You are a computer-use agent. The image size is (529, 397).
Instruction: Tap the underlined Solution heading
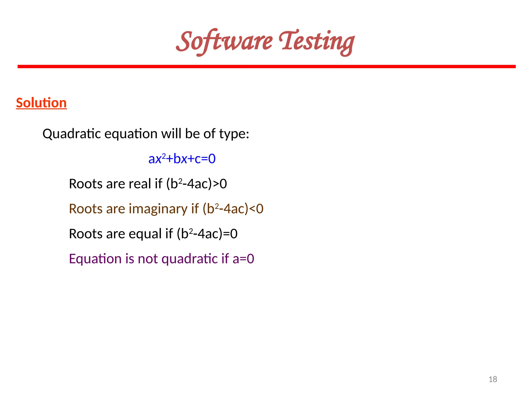click(41, 103)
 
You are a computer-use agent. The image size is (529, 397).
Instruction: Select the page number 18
click(493, 379)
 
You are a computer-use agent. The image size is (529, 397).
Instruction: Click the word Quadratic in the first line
click(72, 134)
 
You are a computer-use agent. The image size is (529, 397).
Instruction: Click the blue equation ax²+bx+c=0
click(182, 158)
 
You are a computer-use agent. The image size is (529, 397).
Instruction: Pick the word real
click(139, 184)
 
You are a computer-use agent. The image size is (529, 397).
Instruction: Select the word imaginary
click(158, 209)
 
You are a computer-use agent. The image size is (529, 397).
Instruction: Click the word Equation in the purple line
click(95, 259)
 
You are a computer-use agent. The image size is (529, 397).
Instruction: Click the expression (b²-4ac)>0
click(196, 184)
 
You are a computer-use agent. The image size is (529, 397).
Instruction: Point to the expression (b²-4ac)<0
click(233, 209)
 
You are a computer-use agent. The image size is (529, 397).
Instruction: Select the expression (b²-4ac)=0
click(207, 234)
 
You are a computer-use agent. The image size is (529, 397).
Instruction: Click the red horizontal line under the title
click(267, 67)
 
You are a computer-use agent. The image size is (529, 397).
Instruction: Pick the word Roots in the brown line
click(86, 209)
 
